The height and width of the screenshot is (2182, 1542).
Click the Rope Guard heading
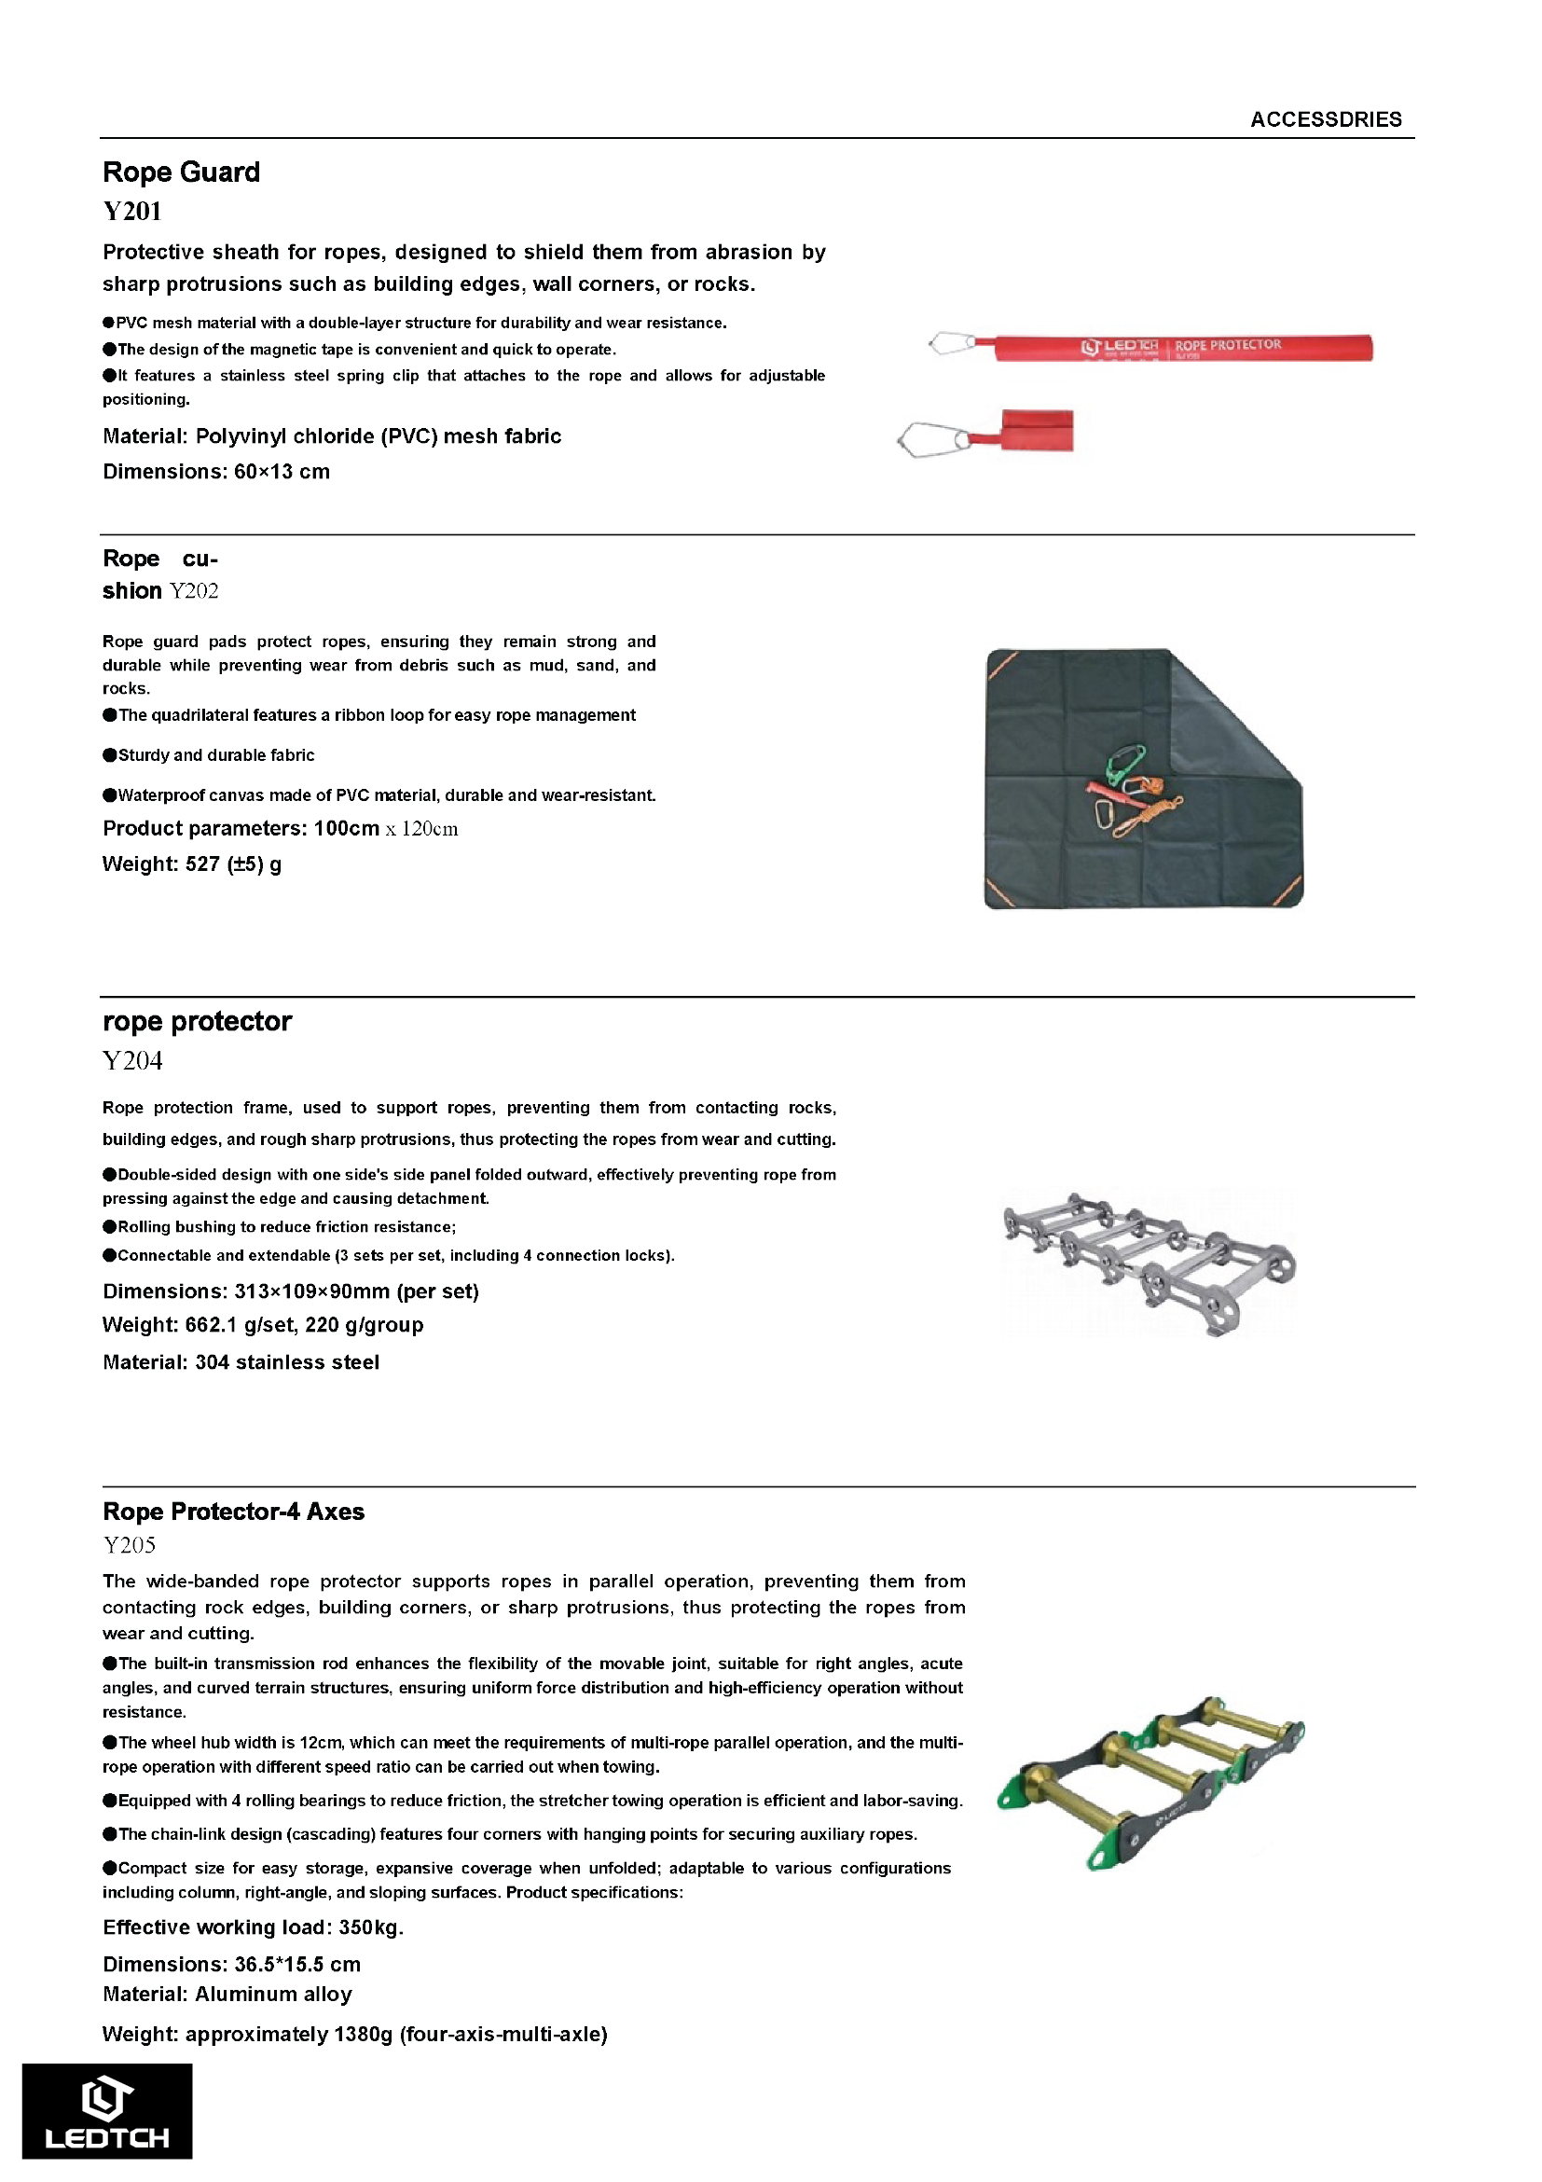point(181,172)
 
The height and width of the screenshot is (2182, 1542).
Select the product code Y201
point(132,211)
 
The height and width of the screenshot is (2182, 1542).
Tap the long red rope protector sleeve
point(1182,348)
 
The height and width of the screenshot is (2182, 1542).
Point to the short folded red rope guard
point(1037,431)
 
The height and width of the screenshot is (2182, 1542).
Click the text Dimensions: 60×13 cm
point(215,472)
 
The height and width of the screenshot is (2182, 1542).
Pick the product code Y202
point(194,591)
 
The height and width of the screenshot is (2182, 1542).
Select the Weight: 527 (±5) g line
point(191,863)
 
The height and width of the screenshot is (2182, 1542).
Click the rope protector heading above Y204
point(197,1021)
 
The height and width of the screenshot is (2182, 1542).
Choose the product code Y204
point(132,1060)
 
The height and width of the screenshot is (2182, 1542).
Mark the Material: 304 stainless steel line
point(241,1361)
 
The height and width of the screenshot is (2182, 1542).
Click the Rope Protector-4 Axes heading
point(233,1511)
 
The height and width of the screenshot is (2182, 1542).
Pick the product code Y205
point(129,1545)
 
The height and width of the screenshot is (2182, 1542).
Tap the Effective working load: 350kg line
point(253,1927)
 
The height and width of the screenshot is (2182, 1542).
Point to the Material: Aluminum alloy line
point(227,1995)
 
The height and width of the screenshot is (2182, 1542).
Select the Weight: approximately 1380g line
point(354,2035)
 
